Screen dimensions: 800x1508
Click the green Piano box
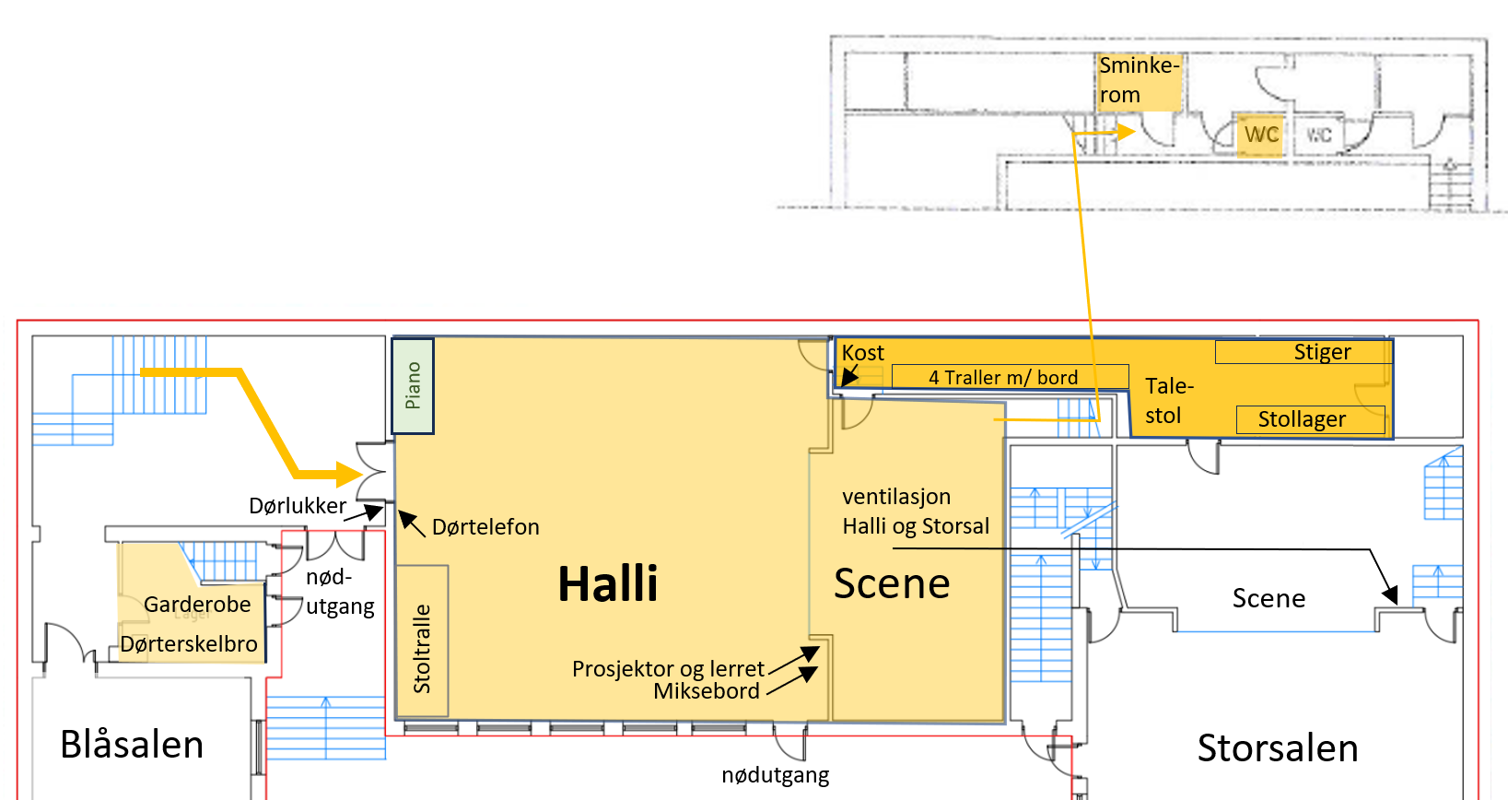coord(413,386)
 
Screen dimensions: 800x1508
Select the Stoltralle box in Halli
coord(422,641)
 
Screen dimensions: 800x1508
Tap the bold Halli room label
coord(608,584)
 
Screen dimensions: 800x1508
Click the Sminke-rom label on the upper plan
coord(1139,80)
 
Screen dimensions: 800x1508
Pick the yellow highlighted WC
coord(1260,135)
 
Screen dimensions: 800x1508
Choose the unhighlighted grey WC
coord(1319,135)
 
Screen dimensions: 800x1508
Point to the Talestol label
coord(1168,401)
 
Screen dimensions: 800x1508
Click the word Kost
coord(862,353)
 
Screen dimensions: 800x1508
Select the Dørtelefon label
coord(485,527)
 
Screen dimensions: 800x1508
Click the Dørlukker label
coord(298,506)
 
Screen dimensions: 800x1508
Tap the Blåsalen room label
coord(132,745)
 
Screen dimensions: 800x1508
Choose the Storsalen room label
coord(1277,748)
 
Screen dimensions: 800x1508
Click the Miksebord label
coord(707,691)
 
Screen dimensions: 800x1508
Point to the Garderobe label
coord(197,605)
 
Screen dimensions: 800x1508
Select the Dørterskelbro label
coord(189,644)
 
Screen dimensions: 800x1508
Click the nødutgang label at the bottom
coord(775,775)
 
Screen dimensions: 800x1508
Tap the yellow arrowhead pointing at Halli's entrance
coord(349,475)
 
